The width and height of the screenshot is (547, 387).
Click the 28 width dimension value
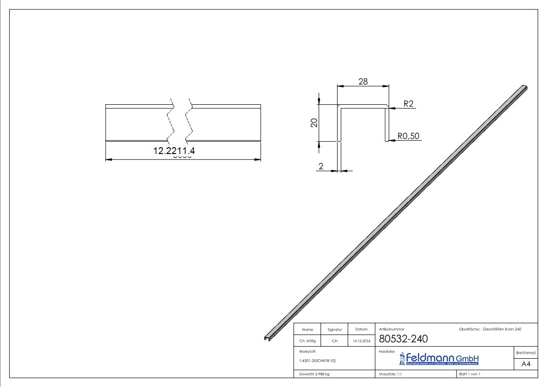point(363,81)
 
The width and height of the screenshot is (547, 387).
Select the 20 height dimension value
point(314,123)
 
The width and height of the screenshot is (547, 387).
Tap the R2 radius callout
point(408,104)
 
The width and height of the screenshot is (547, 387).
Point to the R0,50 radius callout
point(408,136)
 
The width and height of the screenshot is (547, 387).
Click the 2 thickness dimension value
point(321,166)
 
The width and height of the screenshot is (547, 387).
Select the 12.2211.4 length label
point(174,151)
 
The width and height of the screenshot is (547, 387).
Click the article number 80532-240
point(403,339)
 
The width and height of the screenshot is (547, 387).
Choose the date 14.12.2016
point(361,341)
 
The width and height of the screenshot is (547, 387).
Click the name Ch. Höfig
point(307,341)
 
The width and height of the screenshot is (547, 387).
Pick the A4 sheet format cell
point(526,364)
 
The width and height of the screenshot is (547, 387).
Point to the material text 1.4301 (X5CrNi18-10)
point(318,361)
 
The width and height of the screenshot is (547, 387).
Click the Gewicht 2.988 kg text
point(315,374)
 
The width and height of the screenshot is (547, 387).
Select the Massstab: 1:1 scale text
point(390,374)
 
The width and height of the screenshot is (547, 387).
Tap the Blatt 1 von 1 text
point(470,374)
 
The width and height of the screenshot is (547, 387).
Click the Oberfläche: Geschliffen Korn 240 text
point(490,329)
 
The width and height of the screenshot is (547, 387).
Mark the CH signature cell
point(335,341)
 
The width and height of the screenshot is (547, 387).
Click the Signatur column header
point(335,329)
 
